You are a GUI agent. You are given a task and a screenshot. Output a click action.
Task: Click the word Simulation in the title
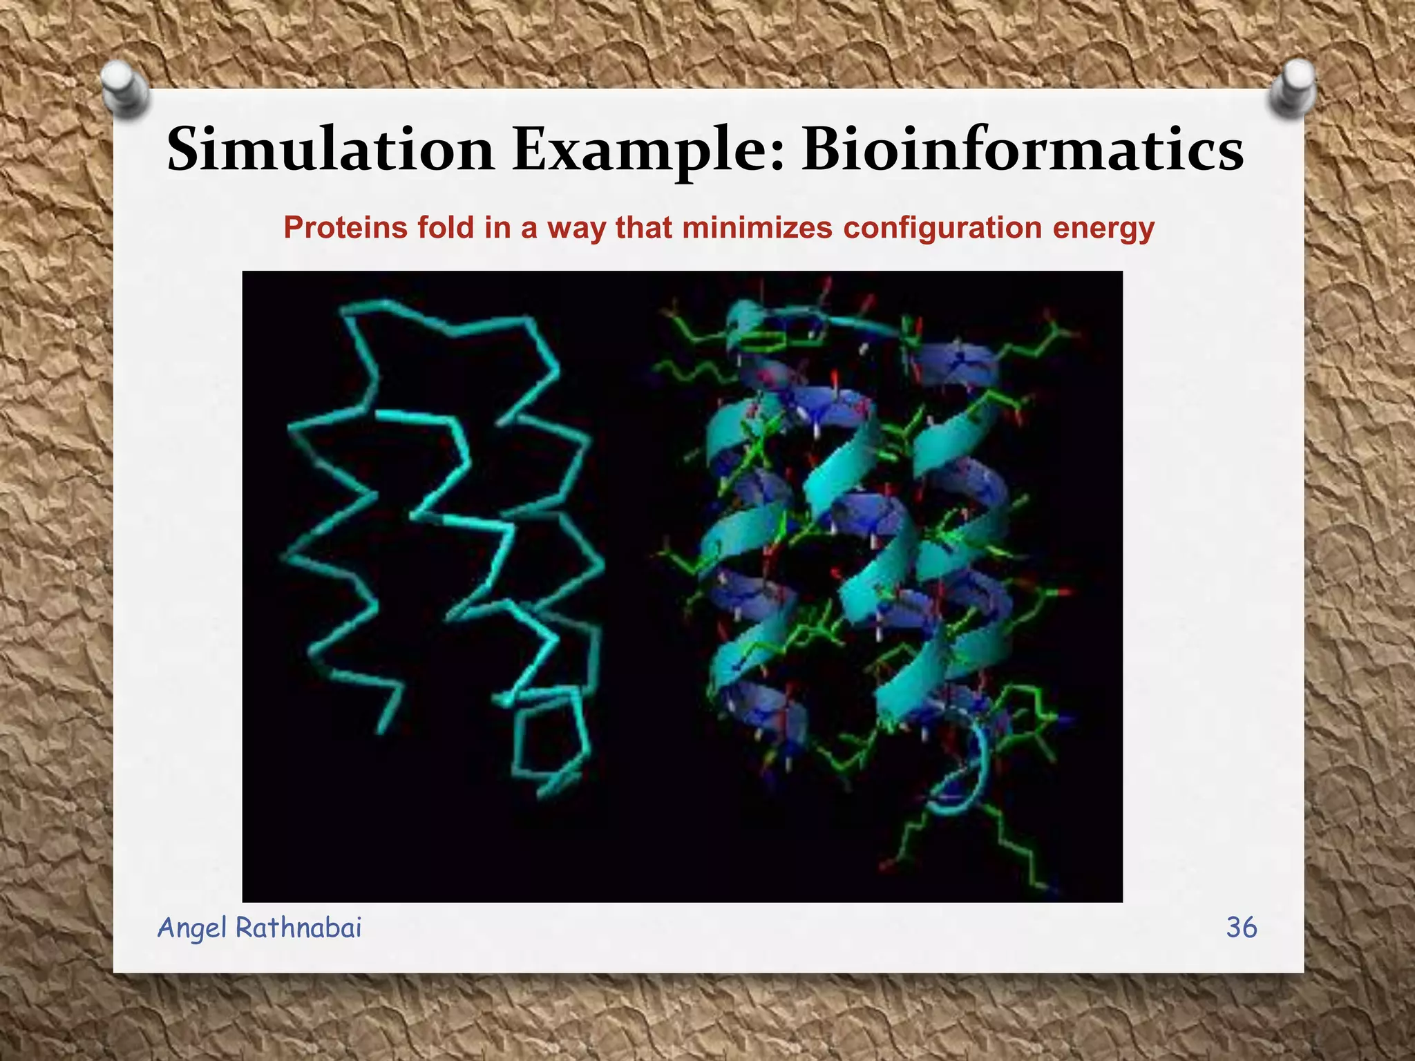click(x=330, y=149)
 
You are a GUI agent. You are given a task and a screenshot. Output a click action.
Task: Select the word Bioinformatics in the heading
click(x=1023, y=149)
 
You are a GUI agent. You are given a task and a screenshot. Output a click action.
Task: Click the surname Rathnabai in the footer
click(x=298, y=927)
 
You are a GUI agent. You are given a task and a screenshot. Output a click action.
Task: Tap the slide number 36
click(x=1241, y=927)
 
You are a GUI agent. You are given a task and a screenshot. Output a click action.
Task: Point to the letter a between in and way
click(x=530, y=231)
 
